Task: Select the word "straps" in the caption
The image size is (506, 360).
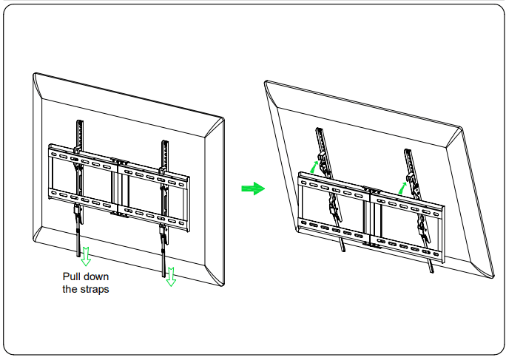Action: click(x=95, y=289)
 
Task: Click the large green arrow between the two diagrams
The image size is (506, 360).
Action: click(x=252, y=189)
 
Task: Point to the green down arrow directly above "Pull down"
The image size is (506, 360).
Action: click(x=86, y=255)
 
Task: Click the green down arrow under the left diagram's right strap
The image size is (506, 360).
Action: click(x=171, y=275)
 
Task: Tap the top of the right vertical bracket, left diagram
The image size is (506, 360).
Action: click(x=162, y=142)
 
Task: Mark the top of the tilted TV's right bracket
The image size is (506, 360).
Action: click(x=407, y=153)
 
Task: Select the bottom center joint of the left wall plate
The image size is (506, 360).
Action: click(x=118, y=215)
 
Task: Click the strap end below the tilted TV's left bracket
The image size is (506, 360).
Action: click(x=344, y=248)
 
